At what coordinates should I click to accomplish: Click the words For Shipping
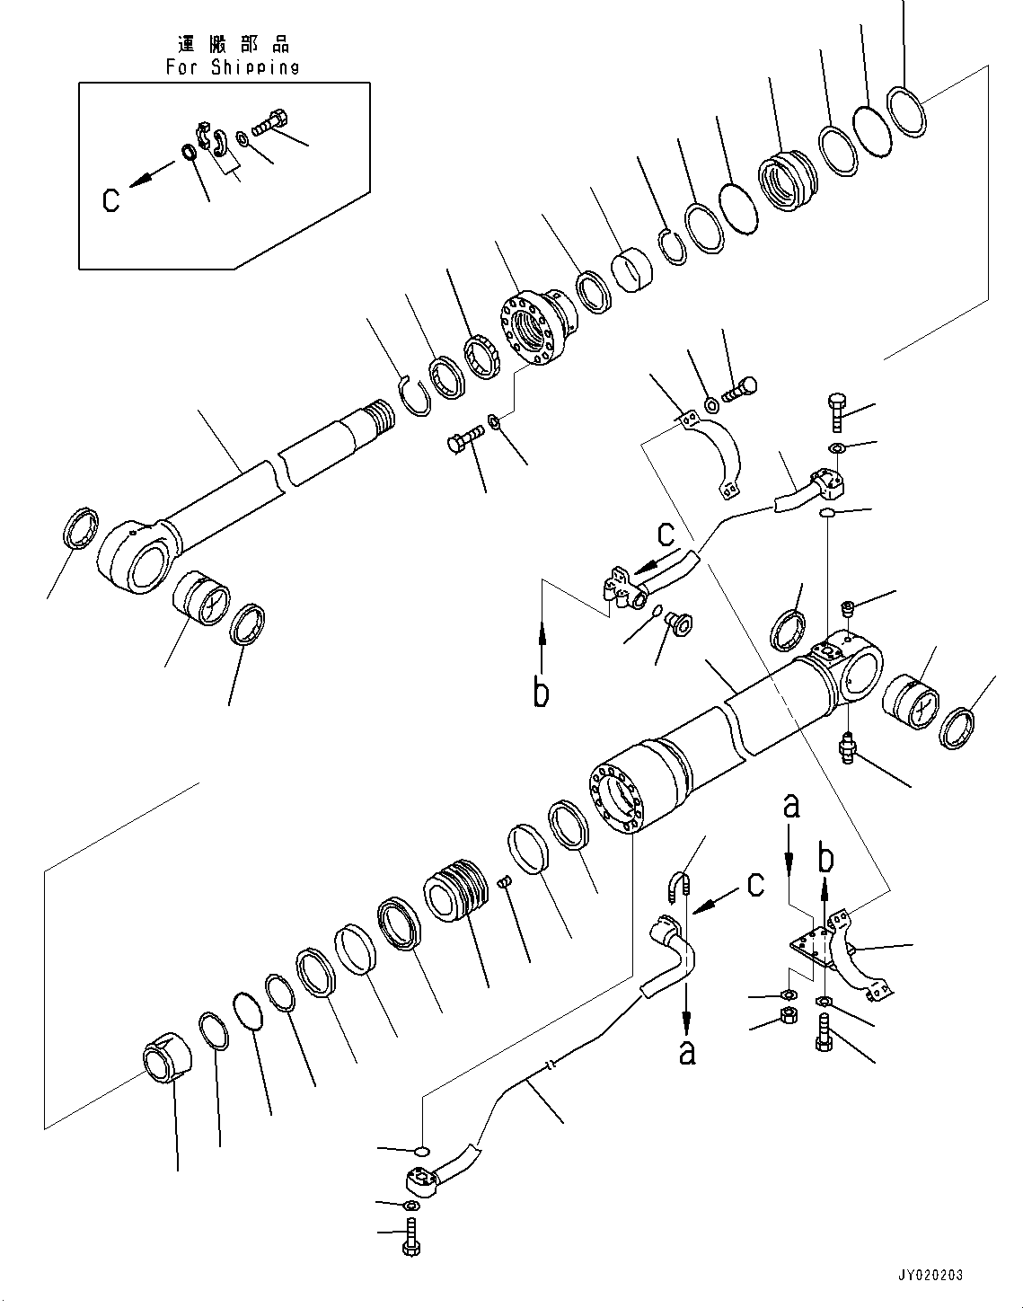coord(233,67)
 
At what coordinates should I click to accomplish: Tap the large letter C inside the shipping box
coord(110,199)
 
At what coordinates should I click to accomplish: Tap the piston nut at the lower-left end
coord(170,1062)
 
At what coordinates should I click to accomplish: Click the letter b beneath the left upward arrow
coord(541,694)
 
